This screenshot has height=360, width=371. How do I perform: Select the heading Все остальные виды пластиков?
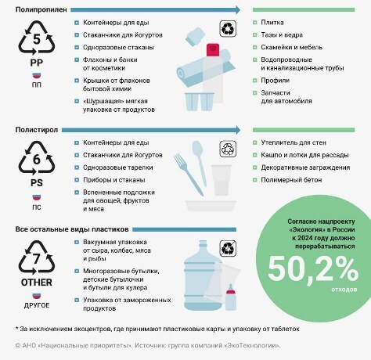61,228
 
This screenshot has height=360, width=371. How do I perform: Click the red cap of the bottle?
211,49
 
